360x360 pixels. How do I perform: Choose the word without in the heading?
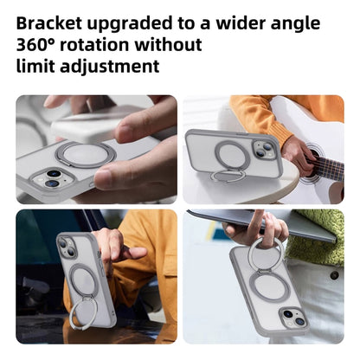coord(175,44)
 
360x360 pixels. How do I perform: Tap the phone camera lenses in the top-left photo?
coord(51,178)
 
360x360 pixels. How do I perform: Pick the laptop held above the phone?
coord(260,223)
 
